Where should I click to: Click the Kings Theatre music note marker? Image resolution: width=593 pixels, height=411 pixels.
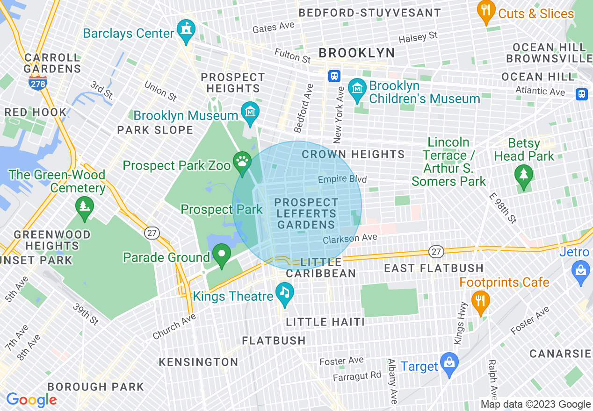[284, 293]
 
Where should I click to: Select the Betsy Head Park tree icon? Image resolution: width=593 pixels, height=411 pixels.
[523, 176]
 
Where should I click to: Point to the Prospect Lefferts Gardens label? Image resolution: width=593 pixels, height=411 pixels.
[306, 213]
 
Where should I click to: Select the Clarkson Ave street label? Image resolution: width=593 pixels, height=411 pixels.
[350, 239]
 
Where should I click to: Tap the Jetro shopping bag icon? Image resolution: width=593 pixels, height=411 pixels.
[581, 271]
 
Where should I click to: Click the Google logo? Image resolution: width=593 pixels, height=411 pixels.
[31, 400]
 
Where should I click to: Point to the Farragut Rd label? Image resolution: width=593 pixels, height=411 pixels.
[357, 376]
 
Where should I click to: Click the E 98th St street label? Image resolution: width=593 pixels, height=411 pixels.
[503, 208]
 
